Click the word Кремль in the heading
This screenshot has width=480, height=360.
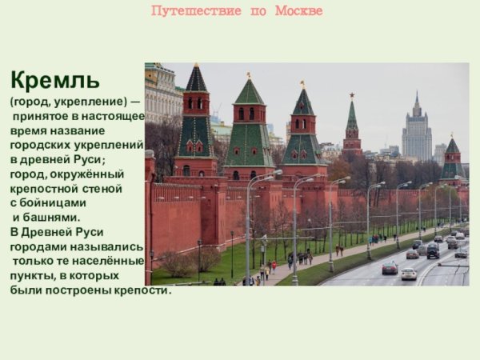(54, 81)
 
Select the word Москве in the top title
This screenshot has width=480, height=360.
(298, 11)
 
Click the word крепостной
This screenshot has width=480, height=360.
(48, 189)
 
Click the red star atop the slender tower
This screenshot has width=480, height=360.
(350, 96)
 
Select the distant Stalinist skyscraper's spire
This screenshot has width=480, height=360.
(416, 99)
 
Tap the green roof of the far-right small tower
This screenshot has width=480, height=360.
(452, 147)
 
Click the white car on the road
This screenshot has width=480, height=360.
(409, 274)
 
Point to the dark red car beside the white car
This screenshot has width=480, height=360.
(390, 268)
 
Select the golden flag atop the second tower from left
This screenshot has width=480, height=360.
(249, 75)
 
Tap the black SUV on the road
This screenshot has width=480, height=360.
(433, 252)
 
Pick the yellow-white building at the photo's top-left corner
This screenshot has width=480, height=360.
(162, 92)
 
